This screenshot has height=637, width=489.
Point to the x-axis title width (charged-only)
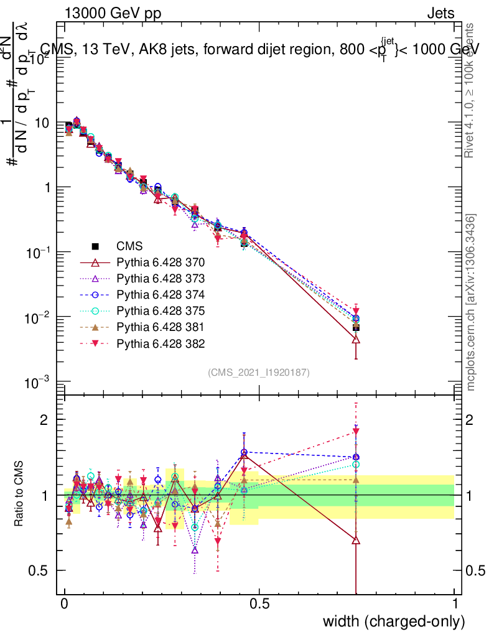click(x=394, y=621)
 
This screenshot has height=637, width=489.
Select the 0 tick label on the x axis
click(x=65, y=604)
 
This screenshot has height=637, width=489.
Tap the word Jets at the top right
click(x=440, y=13)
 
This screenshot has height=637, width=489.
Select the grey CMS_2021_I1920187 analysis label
click(x=259, y=372)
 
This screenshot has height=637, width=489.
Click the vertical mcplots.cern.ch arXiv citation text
click(x=472, y=302)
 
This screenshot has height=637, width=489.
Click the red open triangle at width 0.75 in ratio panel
click(x=356, y=541)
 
